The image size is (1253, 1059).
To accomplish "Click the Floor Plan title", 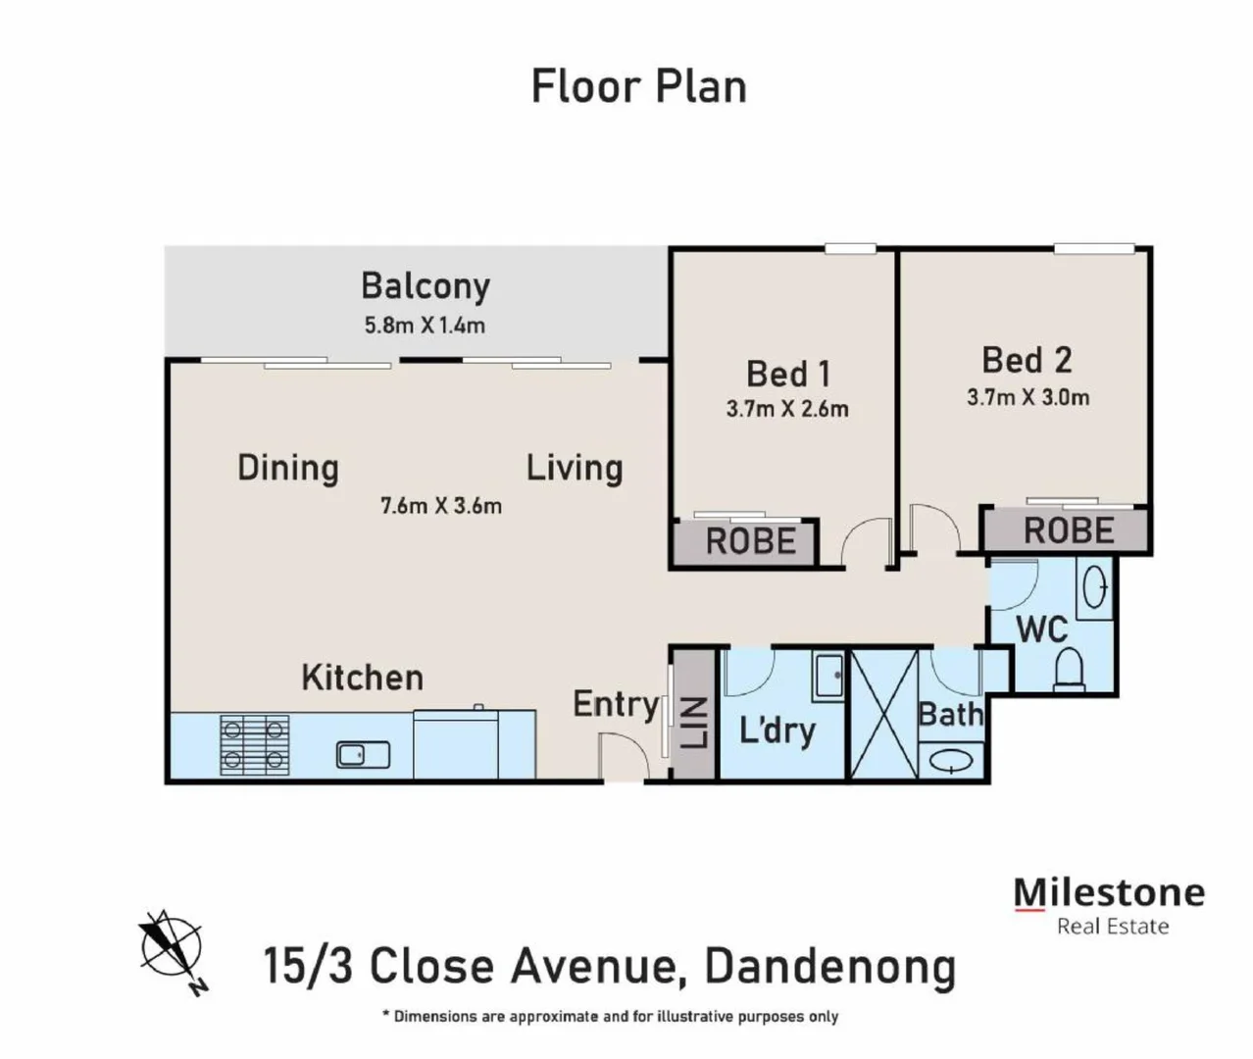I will [638, 86].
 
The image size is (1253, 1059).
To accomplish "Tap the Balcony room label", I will [425, 285].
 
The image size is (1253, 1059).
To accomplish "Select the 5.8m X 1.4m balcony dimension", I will [425, 326].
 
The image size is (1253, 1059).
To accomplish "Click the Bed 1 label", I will [787, 374].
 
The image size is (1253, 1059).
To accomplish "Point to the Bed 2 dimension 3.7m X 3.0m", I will [1027, 397].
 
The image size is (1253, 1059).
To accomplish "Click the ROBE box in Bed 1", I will [750, 541].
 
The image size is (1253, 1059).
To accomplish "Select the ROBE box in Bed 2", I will [1068, 530].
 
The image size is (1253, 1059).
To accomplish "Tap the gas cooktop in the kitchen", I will [254, 743].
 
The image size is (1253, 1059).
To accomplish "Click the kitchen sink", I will [363, 754].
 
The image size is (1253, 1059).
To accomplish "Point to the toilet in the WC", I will [1068, 668].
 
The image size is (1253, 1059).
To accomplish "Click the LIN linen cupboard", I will [694, 722].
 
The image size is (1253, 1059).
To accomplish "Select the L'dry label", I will [777, 730].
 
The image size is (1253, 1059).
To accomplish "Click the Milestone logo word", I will [1108, 892].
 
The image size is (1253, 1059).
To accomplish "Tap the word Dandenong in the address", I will [829, 966].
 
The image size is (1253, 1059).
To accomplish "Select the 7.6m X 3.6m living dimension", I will [440, 506].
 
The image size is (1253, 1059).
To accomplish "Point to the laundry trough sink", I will [829, 676].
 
